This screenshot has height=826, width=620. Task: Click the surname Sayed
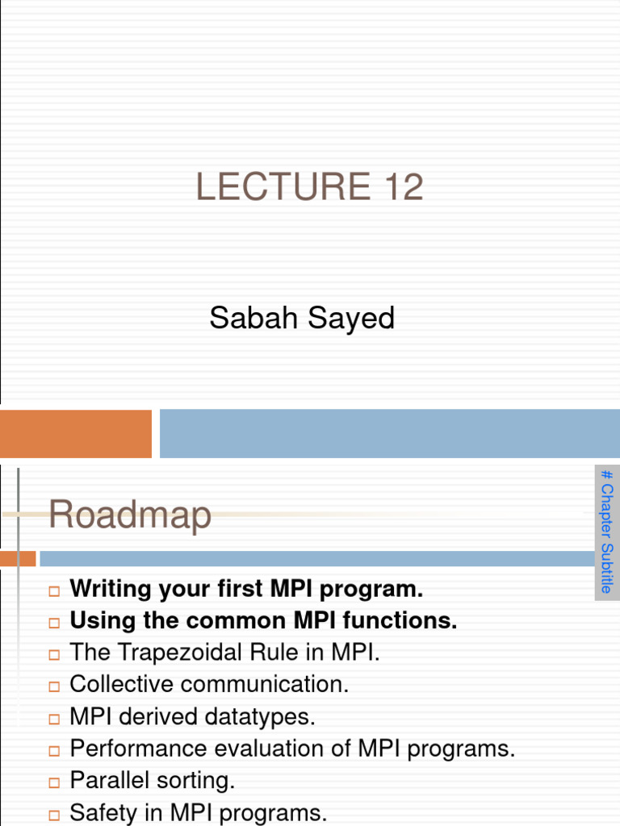(x=351, y=318)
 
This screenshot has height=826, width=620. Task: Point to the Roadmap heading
(x=130, y=515)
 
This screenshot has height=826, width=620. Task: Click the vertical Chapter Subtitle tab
(x=607, y=532)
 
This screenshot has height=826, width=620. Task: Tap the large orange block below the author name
(x=75, y=434)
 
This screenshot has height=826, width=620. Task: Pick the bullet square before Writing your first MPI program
(x=54, y=591)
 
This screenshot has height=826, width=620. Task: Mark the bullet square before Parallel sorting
(x=54, y=782)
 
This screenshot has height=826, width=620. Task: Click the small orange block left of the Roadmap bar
(x=18, y=558)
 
